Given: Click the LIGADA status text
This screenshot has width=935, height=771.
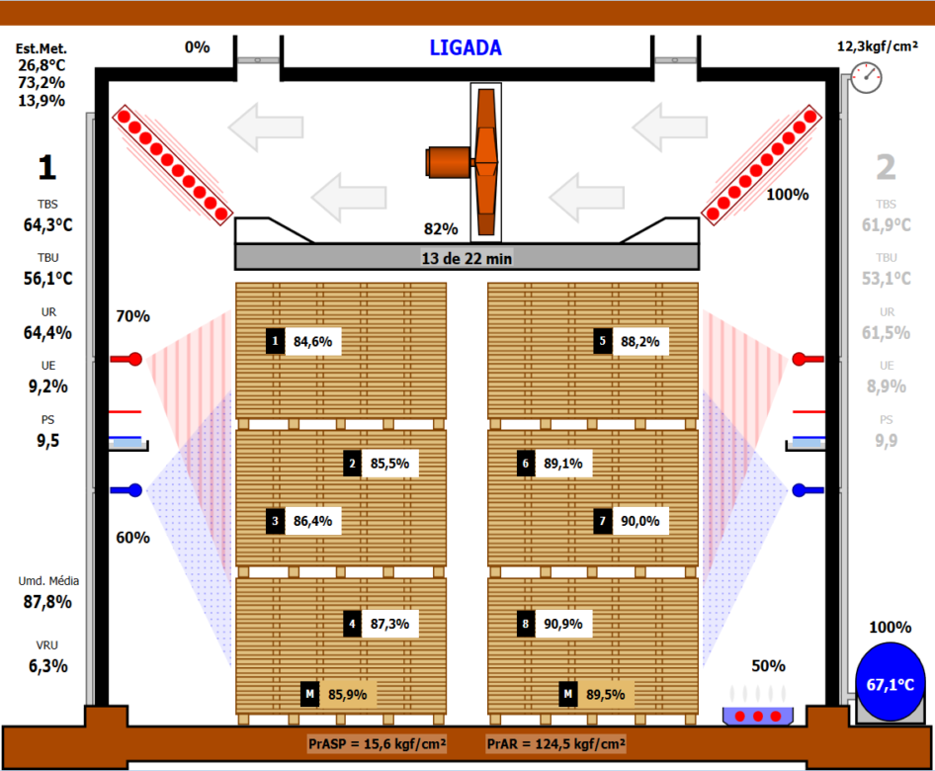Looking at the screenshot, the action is (x=466, y=47).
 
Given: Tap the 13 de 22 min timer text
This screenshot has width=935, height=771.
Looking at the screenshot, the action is (x=467, y=258).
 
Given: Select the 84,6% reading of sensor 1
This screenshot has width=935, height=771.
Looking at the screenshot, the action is (x=313, y=342).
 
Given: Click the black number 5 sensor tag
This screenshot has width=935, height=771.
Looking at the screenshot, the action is (x=602, y=341).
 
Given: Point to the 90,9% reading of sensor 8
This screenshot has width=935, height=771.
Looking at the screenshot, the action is (x=563, y=624).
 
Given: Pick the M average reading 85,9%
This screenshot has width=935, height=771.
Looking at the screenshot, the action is (x=348, y=695).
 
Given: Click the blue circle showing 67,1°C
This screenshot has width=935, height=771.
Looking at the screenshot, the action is (x=891, y=683).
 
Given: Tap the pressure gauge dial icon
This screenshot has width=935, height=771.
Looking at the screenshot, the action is (x=866, y=77).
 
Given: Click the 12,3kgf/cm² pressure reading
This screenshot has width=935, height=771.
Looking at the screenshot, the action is (x=878, y=46).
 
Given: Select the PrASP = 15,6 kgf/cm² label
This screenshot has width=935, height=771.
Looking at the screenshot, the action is (x=377, y=743).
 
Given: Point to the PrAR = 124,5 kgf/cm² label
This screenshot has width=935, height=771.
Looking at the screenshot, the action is (x=555, y=743).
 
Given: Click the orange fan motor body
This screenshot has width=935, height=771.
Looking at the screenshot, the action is (x=449, y=162).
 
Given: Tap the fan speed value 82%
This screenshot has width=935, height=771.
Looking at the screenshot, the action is (x=441, y=229).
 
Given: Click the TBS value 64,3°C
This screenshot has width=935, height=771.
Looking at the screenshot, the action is (x=47, y=224).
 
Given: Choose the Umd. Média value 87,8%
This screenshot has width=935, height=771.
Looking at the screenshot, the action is (x=47, y=602).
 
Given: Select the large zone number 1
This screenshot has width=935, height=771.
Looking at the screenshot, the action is (x=47, y=167).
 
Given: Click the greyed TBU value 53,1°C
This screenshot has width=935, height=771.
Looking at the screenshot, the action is (x=887, y=279).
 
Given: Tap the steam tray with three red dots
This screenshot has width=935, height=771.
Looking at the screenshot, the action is (x=758, y=716).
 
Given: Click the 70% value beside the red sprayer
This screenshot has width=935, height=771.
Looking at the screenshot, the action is (x=133, y=316).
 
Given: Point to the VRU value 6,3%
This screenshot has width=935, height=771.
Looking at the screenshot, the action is (x=47, y=666).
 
